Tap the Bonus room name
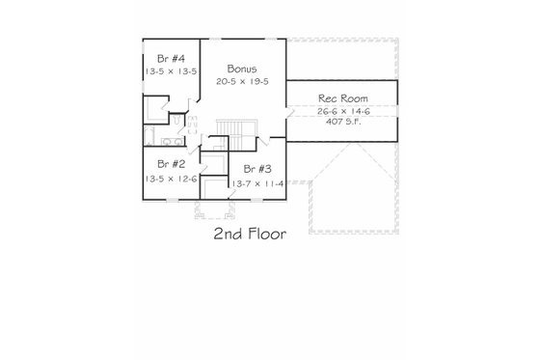[242, 69]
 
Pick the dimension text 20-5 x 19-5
[242, 81]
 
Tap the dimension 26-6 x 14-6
[341, 111]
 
